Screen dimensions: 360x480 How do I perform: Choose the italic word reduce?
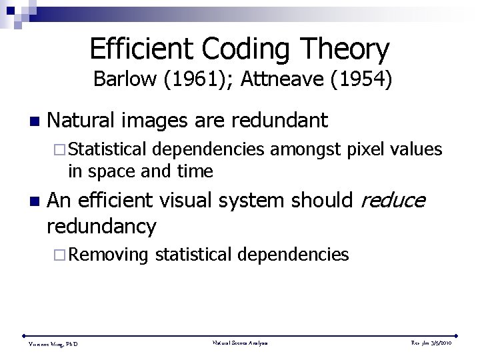(391, 201)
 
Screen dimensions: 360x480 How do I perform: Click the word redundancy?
(101, 227)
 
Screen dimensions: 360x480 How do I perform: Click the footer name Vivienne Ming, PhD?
(53, 344)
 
